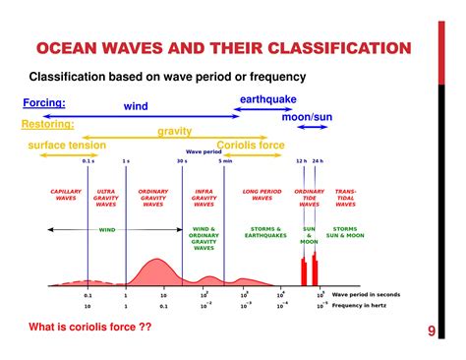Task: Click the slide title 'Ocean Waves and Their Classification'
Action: (222, 48)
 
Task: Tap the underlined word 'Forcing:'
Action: (44, 102)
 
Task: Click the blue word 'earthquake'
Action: (268, 99)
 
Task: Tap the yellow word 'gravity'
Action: (174, 131)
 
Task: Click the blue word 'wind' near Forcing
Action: (135, 106)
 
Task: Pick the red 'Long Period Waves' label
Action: (262, 195)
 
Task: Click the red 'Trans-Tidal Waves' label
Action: (346, 198)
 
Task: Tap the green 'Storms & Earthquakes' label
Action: (265, 233)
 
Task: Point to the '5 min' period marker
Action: (225, 160)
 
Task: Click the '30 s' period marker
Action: (182, 160)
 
